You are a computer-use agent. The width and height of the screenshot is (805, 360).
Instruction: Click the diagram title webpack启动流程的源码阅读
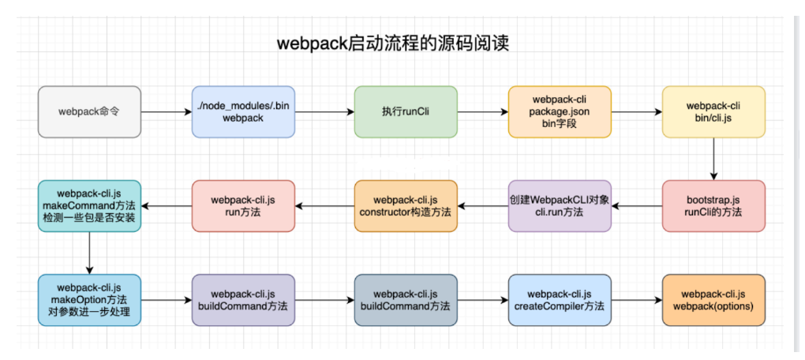coord(392,43)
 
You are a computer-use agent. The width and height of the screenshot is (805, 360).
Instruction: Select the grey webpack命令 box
coord(89,111)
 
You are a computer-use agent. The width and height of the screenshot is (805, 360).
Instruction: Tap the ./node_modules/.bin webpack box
coord(243,111)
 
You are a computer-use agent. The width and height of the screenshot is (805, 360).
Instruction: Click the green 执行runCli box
coord(405,111)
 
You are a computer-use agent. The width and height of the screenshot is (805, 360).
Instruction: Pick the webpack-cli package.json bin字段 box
coord(560,111)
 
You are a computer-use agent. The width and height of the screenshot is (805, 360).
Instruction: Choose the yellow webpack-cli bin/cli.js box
coord(713,111)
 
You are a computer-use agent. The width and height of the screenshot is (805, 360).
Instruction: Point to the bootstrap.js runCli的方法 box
coord(713,205)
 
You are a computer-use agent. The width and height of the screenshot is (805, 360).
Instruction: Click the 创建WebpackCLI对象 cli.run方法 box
coord(560,205)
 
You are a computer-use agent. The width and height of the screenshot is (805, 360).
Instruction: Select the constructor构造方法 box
coord(405,205)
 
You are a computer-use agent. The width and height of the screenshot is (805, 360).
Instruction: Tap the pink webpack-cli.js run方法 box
coord(243,205)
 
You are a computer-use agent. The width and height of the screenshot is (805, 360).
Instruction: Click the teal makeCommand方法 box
coord(89,205)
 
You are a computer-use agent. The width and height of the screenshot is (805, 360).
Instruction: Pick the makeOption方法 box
coord(89,300)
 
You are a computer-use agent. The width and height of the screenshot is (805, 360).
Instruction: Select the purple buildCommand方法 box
coord(243,300)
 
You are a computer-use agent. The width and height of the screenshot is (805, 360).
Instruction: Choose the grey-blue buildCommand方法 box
coord(405,300)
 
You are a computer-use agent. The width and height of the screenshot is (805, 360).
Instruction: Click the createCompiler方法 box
coord(560,300)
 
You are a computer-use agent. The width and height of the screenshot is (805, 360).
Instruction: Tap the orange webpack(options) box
coord(713,300)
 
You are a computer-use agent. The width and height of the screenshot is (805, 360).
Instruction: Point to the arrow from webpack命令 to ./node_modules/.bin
coord(166,112)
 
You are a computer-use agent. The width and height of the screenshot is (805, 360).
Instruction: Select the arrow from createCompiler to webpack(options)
coord(636,300)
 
